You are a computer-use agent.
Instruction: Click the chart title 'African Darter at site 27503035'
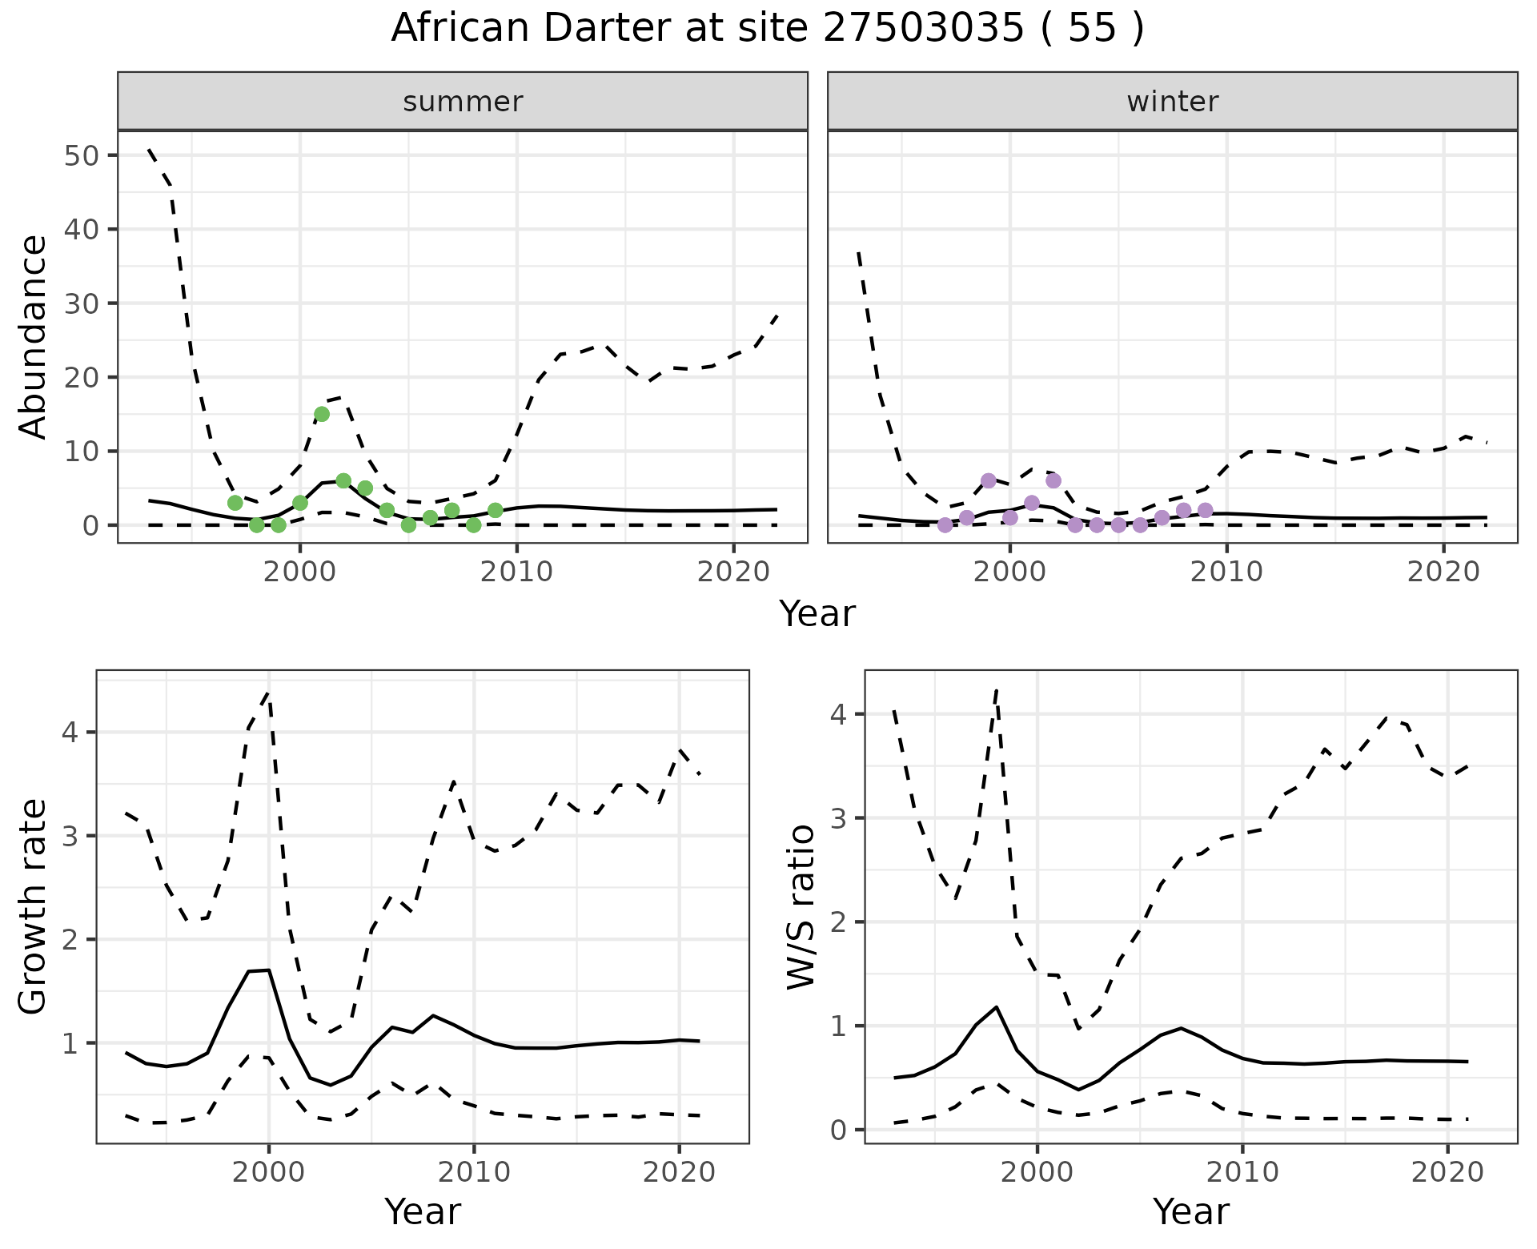(767, 29)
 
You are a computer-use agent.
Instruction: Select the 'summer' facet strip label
(463, 102)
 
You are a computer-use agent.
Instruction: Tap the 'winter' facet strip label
(1172, 102)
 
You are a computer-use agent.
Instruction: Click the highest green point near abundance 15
(322, 414)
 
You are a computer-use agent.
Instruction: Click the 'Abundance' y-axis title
(34, 337)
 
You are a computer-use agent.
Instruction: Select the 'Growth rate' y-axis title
(34, 907)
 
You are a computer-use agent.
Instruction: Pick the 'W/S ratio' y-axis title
(801, 907)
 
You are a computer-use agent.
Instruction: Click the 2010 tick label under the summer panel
(517, 572)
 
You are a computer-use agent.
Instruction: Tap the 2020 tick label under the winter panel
(1443, 572)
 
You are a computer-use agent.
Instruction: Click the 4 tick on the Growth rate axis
(74, 733)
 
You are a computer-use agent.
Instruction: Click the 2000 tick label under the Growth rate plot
(269, 1173)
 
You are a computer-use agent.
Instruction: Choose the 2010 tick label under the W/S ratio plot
(1242, 1173)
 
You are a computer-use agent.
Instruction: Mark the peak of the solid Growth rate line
(268, 970)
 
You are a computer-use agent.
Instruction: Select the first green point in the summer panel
(235, 503)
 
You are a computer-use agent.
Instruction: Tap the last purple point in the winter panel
(1206, 510)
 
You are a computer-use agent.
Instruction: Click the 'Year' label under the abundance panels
(817, 614)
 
